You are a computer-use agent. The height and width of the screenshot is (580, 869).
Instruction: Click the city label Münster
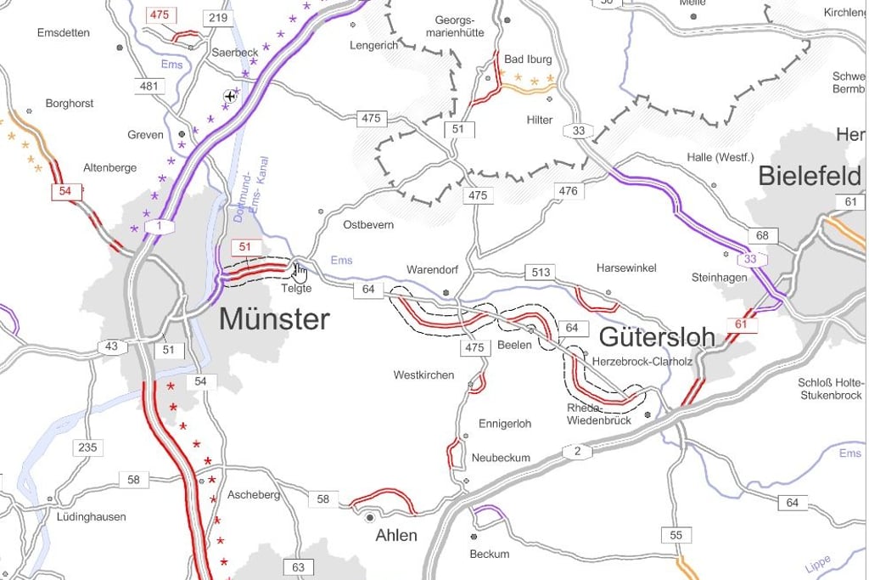[274, 319]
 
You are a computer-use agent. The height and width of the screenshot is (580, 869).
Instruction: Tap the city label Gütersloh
[657, 336]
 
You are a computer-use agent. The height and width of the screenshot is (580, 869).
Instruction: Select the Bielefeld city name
[809, 176]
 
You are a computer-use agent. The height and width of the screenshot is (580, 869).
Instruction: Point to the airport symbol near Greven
[229, 97]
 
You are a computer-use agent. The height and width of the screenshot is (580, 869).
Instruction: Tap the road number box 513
[541, 273]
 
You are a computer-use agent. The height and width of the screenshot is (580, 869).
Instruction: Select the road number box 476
[568, 191]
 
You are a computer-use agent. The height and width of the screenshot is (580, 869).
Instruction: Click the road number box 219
[218, 18]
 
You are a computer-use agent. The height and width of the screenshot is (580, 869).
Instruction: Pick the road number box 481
[149, 86]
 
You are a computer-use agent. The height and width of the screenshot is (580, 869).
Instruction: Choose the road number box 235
[87, 448]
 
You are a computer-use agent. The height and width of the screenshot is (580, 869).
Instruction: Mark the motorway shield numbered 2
[577, 451]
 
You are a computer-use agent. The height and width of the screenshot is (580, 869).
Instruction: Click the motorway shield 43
[112, 346]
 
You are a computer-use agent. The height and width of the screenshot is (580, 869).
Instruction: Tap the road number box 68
[762, 235]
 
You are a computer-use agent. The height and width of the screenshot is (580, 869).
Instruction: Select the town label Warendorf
[432, 269]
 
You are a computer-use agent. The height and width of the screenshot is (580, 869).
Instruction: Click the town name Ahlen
[396, 535]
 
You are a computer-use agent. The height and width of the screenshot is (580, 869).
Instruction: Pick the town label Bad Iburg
[528, 59]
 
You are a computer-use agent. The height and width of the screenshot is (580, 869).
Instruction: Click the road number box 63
[298, 567]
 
